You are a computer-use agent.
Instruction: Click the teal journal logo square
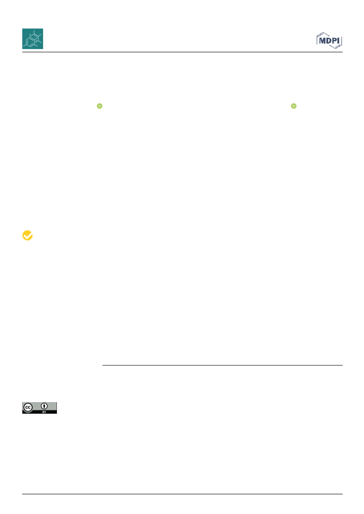tap(33, 39)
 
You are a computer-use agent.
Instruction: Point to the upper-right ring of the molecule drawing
tap(36, 36)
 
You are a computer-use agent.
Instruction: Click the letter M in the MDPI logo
tap(322, 41)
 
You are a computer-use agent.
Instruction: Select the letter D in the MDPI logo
tap(329, 41)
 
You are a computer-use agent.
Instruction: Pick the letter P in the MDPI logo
tap(335, 41)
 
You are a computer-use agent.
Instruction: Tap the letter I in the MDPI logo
tap(339, 41)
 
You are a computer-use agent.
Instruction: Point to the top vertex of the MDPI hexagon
tap(324, 33)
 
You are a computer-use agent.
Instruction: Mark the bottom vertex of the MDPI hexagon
tap(335, 49)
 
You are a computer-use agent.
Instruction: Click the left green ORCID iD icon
tap(100, 106)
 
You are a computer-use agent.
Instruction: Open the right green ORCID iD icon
tap(293, 106)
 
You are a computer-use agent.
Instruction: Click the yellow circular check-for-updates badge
tap(28, 235)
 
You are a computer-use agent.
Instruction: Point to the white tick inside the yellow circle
tap(28, 235)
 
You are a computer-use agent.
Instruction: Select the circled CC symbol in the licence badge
tap(28, 408)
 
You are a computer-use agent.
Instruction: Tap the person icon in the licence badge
tap(44, 406)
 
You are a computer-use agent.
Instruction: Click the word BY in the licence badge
tap(44, 412)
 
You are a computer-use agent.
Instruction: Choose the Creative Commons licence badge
tap(39, 408)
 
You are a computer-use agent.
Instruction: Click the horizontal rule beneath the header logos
tap(182, 52)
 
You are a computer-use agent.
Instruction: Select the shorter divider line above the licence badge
tap(223, 365)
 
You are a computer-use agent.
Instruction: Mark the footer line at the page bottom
tap(182, 494)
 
